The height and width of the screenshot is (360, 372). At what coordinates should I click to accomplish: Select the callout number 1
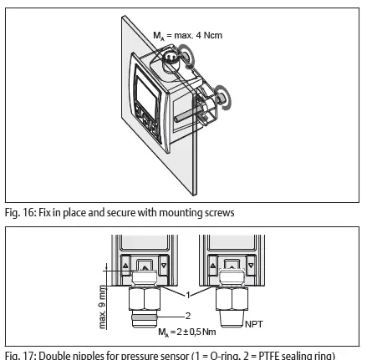189,295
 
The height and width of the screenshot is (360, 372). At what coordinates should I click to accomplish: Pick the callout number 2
189,316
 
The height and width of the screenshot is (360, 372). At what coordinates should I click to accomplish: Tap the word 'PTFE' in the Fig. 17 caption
273,354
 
